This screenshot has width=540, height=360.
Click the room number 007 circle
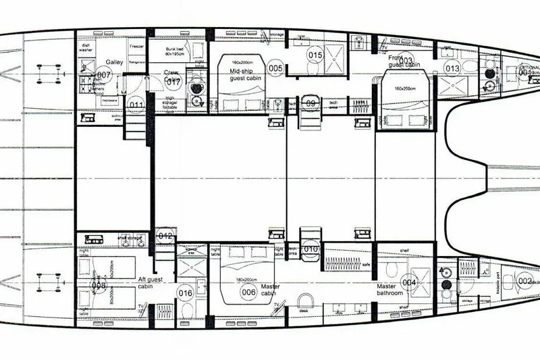(x=103, y=75)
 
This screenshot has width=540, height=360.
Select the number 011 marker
(x=137, y=105)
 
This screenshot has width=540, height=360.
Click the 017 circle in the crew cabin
(x=173, y=83)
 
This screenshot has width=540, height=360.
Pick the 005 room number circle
(x=275, y=68)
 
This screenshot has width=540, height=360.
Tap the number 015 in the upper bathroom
(x=315, y=54)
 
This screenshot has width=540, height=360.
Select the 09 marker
(x=310, y=103)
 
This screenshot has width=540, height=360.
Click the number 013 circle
(x=452, y=68)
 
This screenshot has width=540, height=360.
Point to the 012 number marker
(x=167, y=236)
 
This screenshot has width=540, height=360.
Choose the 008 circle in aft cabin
(x=99, y=286)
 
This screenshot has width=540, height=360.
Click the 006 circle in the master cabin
(x=248, y=292)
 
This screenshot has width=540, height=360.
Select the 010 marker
(x=310, y=249)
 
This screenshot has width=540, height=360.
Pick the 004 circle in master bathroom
(x=409, y=282)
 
